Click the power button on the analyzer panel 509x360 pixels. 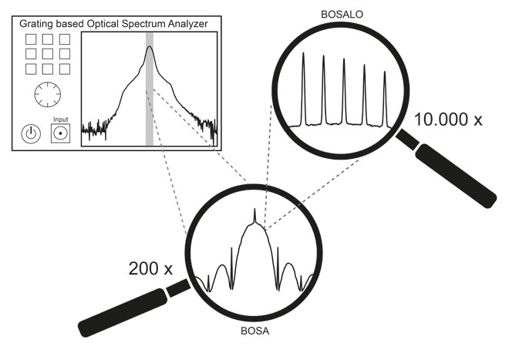30,133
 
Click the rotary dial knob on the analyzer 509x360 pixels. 46,96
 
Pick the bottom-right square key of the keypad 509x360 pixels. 63,69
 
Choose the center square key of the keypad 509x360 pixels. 48,54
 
